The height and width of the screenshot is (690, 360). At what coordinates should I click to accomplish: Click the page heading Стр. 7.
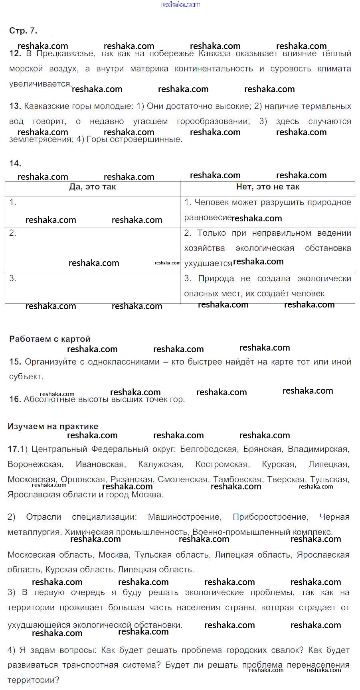pyautogui.click(x=23, y=31)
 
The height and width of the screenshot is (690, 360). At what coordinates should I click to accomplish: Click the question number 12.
pyautogui.click(x=15, y=53)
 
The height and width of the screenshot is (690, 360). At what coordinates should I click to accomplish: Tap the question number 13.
pyautogui.click(x=15, y=106)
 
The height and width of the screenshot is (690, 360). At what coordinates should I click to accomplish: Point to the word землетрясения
pyautogui.click(x=40, y=139)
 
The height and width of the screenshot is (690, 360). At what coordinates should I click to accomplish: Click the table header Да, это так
pyautogui.click(x=93, y=187)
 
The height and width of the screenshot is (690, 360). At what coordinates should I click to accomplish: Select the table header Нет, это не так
pyautogui.click(x=267, y=187)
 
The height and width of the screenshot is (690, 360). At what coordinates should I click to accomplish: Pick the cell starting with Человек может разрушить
pyautogui.click(x=267, y=210)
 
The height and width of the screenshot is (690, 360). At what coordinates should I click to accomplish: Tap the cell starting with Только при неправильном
pyautogui.click(x=267, y=248)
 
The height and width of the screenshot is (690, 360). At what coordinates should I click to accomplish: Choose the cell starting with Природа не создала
pyautogui.click(x=267, y=286)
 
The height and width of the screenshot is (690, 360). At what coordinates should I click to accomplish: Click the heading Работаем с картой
pyautogui.click(x=50, y=339)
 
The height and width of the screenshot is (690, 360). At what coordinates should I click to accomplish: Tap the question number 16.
pyautogui.click(x=15, y=399)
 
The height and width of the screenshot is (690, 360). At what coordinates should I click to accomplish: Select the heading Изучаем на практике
pyautogui.click(x=53, y=426)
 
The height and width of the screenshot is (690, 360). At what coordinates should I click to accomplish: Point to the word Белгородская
pyautogui.click(x=208, y=449)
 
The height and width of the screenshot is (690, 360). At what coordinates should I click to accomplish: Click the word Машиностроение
pyautogui.click(x=184, y=517)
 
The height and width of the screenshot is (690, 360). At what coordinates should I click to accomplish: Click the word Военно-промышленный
pyautogui.click(x=235, y=532)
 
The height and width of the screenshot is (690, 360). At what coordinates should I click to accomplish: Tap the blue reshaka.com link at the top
pyautogui.click(x=180, y=4)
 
